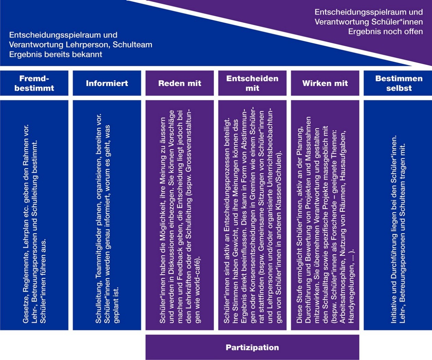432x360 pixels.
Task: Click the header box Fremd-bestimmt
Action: [x=34, y=83]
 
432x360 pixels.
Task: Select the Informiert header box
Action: [x=107, y=83]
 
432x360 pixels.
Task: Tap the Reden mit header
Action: [x=180, y=83]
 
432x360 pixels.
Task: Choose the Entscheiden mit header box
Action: [x=252, y=83]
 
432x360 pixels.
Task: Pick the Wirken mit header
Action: [x=325, y=83]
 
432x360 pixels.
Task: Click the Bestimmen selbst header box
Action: [x=398, y=83]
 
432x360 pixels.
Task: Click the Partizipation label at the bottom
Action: [x=252, y=347]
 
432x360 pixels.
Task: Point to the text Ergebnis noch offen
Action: [x=385, y=32]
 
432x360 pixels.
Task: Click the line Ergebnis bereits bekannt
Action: [x=56, y=55]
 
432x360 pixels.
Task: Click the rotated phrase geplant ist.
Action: [x=116, y=305]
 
